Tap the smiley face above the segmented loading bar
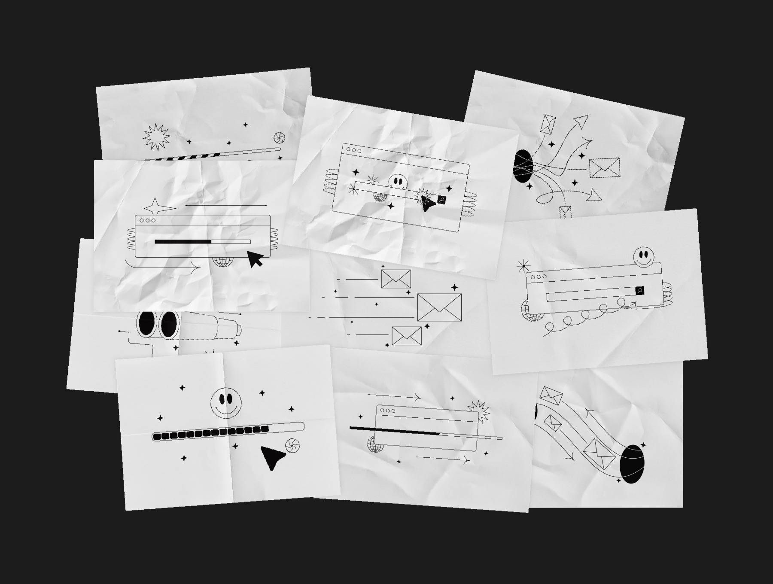[x=226, y=402]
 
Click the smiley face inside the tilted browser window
[x=397, y=182]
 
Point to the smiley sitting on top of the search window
[x=643, y=257]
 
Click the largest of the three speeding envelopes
[x=439, y=307]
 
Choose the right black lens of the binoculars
[x=169, y=324]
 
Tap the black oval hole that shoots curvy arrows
[x=523, y=166]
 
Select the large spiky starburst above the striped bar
[x=156, y=137]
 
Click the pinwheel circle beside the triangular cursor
[x=292, y=446]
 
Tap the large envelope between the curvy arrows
[x=604, y=168]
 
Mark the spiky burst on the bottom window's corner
[x=478, y=410]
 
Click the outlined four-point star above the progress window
[x=157, y=207]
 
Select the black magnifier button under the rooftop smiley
[x=639, y=291]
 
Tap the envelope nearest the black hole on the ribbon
[x=599, y=454]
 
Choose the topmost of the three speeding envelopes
[x=396, y=279]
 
